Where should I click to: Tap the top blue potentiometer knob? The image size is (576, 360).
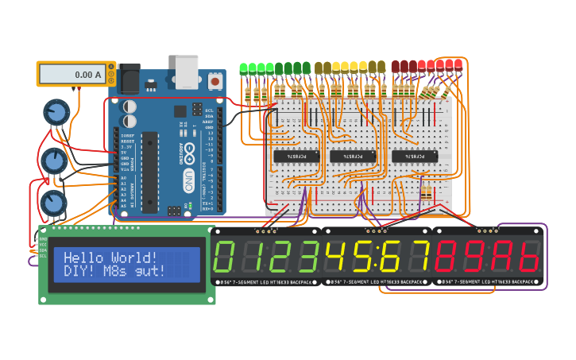coord(56,112)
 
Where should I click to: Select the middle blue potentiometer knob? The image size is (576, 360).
coord(52,161)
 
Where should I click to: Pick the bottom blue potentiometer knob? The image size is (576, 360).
coord(52,203)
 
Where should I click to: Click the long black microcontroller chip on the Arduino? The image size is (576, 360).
coord(149,171)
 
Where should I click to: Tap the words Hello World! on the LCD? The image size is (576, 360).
coord(110,257)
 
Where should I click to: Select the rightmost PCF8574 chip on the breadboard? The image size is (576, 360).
coord(414,156)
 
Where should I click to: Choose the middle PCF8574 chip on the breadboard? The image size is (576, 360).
coord(353,156)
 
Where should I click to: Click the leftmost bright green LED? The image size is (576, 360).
coord(244,68)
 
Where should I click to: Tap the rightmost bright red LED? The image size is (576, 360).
coord(458,64)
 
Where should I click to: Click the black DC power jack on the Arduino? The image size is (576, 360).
coord(130,77)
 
